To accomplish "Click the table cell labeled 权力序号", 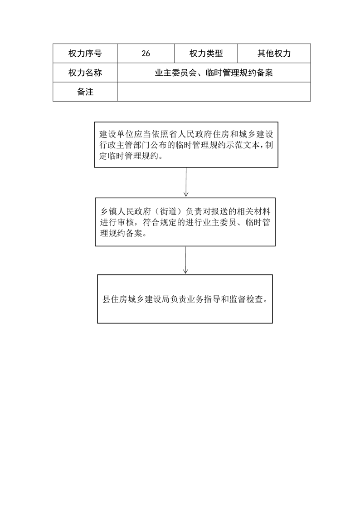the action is click(85, 53).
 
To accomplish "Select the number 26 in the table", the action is click(146, 54).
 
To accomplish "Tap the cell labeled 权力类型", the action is click(206, 53).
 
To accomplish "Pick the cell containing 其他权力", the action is click(274, 53).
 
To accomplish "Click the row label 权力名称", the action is click(85, 73).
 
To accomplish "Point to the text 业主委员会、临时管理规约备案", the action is click(214, 73).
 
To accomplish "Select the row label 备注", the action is click(85, 92).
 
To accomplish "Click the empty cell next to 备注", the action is click(214, 92).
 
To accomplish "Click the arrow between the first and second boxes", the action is click(186, 182).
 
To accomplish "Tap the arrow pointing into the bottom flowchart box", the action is click(185, 260).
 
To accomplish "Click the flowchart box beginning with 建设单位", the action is click(186, 145).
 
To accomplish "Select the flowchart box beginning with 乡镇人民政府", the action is click(185, 222).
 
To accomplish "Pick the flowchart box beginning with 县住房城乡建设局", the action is click(185, 299).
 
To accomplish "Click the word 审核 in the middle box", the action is click(125, 223).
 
